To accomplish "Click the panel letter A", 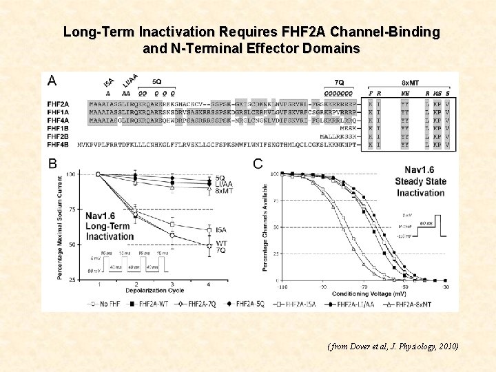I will pos(52,80).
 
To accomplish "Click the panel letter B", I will pos(52,163).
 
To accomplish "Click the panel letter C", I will pos(258,163).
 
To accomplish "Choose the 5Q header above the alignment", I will pos(157,82).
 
